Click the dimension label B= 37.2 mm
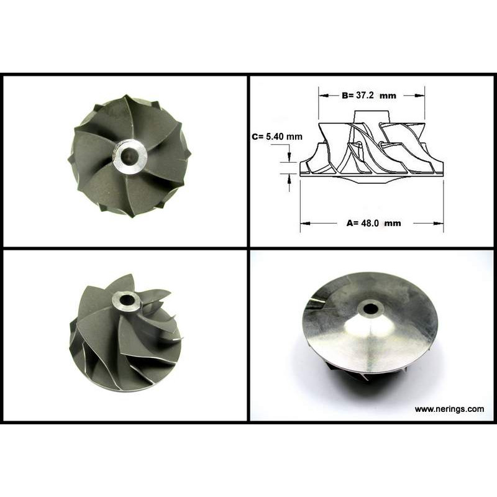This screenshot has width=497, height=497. tap(369, 96)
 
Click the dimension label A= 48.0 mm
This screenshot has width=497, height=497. tap(374, 223)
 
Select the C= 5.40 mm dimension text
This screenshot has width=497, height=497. tap(277, 137)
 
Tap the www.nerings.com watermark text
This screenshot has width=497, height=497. tap(449, 409)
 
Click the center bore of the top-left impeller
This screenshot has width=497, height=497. tap(129, 156)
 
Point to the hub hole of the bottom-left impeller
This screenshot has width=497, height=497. tap(127, 299)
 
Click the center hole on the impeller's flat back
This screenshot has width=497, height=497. tap(370, 308)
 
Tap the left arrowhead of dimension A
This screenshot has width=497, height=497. tap(305, 224)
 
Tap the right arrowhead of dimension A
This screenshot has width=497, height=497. tap(439, 224)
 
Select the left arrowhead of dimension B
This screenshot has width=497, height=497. tap(323, 96)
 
